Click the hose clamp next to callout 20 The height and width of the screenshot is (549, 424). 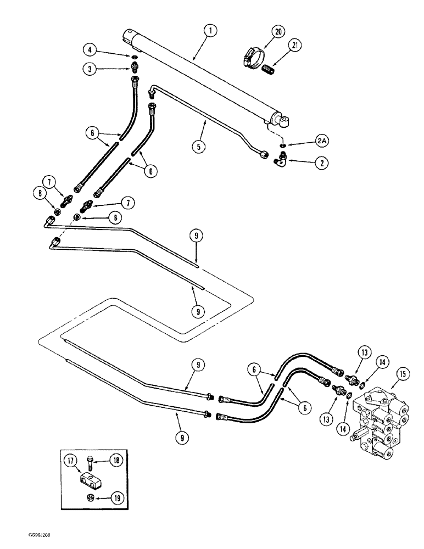pyautogui.click(x=251, y=54)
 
